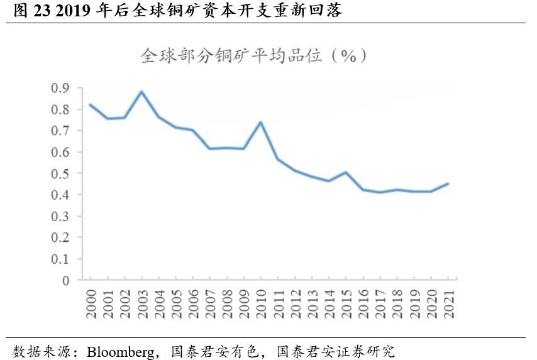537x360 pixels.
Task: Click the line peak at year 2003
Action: [x=141, y=92]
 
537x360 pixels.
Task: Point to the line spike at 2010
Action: [x=260, y=122]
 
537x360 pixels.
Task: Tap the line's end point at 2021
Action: [x=447, y=183]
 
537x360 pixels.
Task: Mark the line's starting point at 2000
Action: [x=90, y=104]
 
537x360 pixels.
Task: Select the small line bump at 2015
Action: [x=345, y=172]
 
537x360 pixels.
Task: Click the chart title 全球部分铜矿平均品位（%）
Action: [x=252, y=56]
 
